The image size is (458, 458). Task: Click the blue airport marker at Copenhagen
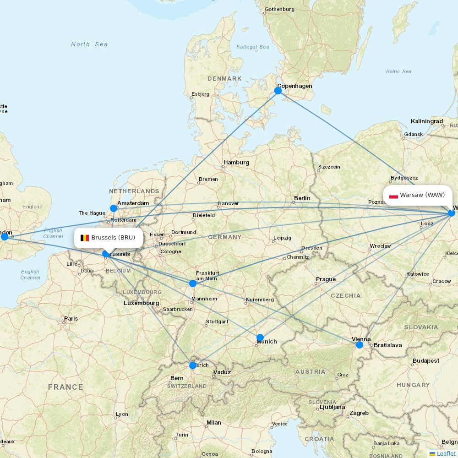[x=278, y=91]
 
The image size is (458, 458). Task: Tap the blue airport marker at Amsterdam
[x=114, y=208]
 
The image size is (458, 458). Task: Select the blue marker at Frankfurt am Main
[x=193, y=284]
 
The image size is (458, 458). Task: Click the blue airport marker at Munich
[x=260, y=338]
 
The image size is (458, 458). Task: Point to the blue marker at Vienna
[x=360, y=344]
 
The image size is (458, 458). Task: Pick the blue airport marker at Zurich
[x=193, y=365]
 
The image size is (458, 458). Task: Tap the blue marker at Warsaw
[x=452, y=213]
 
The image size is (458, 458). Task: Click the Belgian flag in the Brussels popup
[x=85, y=238]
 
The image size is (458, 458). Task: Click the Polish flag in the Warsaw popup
[x=393, y=196]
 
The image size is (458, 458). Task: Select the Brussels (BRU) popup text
[x=113, y=238]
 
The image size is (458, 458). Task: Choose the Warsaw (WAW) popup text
[x=422, y=195]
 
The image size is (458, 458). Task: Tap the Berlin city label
[x=302, y=198]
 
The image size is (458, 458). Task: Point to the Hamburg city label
[x=236, y=163]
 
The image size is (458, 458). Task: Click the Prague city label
[x=326, y=279]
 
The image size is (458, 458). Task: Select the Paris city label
[x=71, y=319]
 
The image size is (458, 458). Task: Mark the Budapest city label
[x=425, y=361]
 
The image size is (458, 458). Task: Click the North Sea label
[x=89, y=44]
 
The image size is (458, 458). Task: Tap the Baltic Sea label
[x=398, y=71]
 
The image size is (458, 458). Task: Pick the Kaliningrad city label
[x=427, y=121]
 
